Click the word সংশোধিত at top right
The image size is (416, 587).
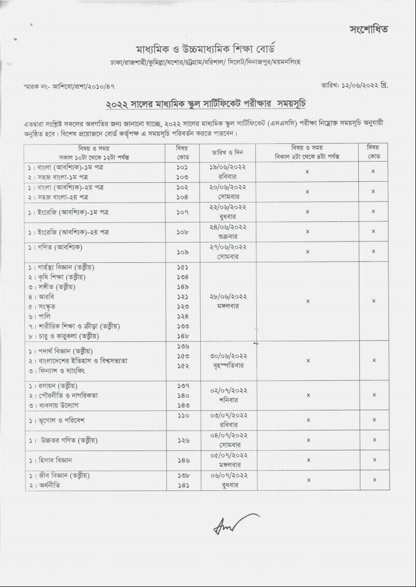tap(369, 29)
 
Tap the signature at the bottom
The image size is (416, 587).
tap(235, 524)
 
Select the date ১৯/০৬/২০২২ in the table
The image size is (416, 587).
tap(228, 167)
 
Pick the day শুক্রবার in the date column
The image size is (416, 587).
tap(228, 236)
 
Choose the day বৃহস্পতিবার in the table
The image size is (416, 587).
tap(228, 366)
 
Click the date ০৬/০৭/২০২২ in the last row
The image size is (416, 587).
tap(229, 475)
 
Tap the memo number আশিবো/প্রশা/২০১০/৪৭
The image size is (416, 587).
tap(83, 85)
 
